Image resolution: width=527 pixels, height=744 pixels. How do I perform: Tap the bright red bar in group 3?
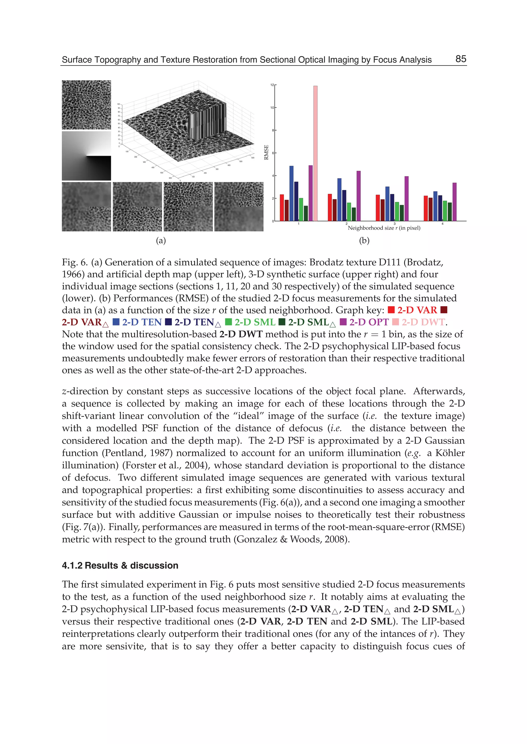coord(378,208)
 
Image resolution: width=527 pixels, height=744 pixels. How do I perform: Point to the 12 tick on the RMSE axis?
coord(272,85)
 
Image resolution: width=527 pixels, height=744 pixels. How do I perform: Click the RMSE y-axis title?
coord(266,152)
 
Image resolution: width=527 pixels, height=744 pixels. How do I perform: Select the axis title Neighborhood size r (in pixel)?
coord(384,228)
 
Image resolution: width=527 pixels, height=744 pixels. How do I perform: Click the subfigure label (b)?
coord(364,241)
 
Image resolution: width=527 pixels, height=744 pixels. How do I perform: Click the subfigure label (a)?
coord(161,241)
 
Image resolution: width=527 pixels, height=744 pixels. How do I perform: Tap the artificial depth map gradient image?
coord(86,156)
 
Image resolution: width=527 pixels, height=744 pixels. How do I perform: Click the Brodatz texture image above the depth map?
coord(86,105)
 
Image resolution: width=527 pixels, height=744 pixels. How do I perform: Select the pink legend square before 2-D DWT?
coord(395,322)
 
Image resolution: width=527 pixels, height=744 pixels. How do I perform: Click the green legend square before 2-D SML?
coord(229,322)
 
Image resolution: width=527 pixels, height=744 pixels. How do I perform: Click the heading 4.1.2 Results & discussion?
coord(120,565)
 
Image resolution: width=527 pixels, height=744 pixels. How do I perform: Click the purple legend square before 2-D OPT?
coord(343,322)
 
